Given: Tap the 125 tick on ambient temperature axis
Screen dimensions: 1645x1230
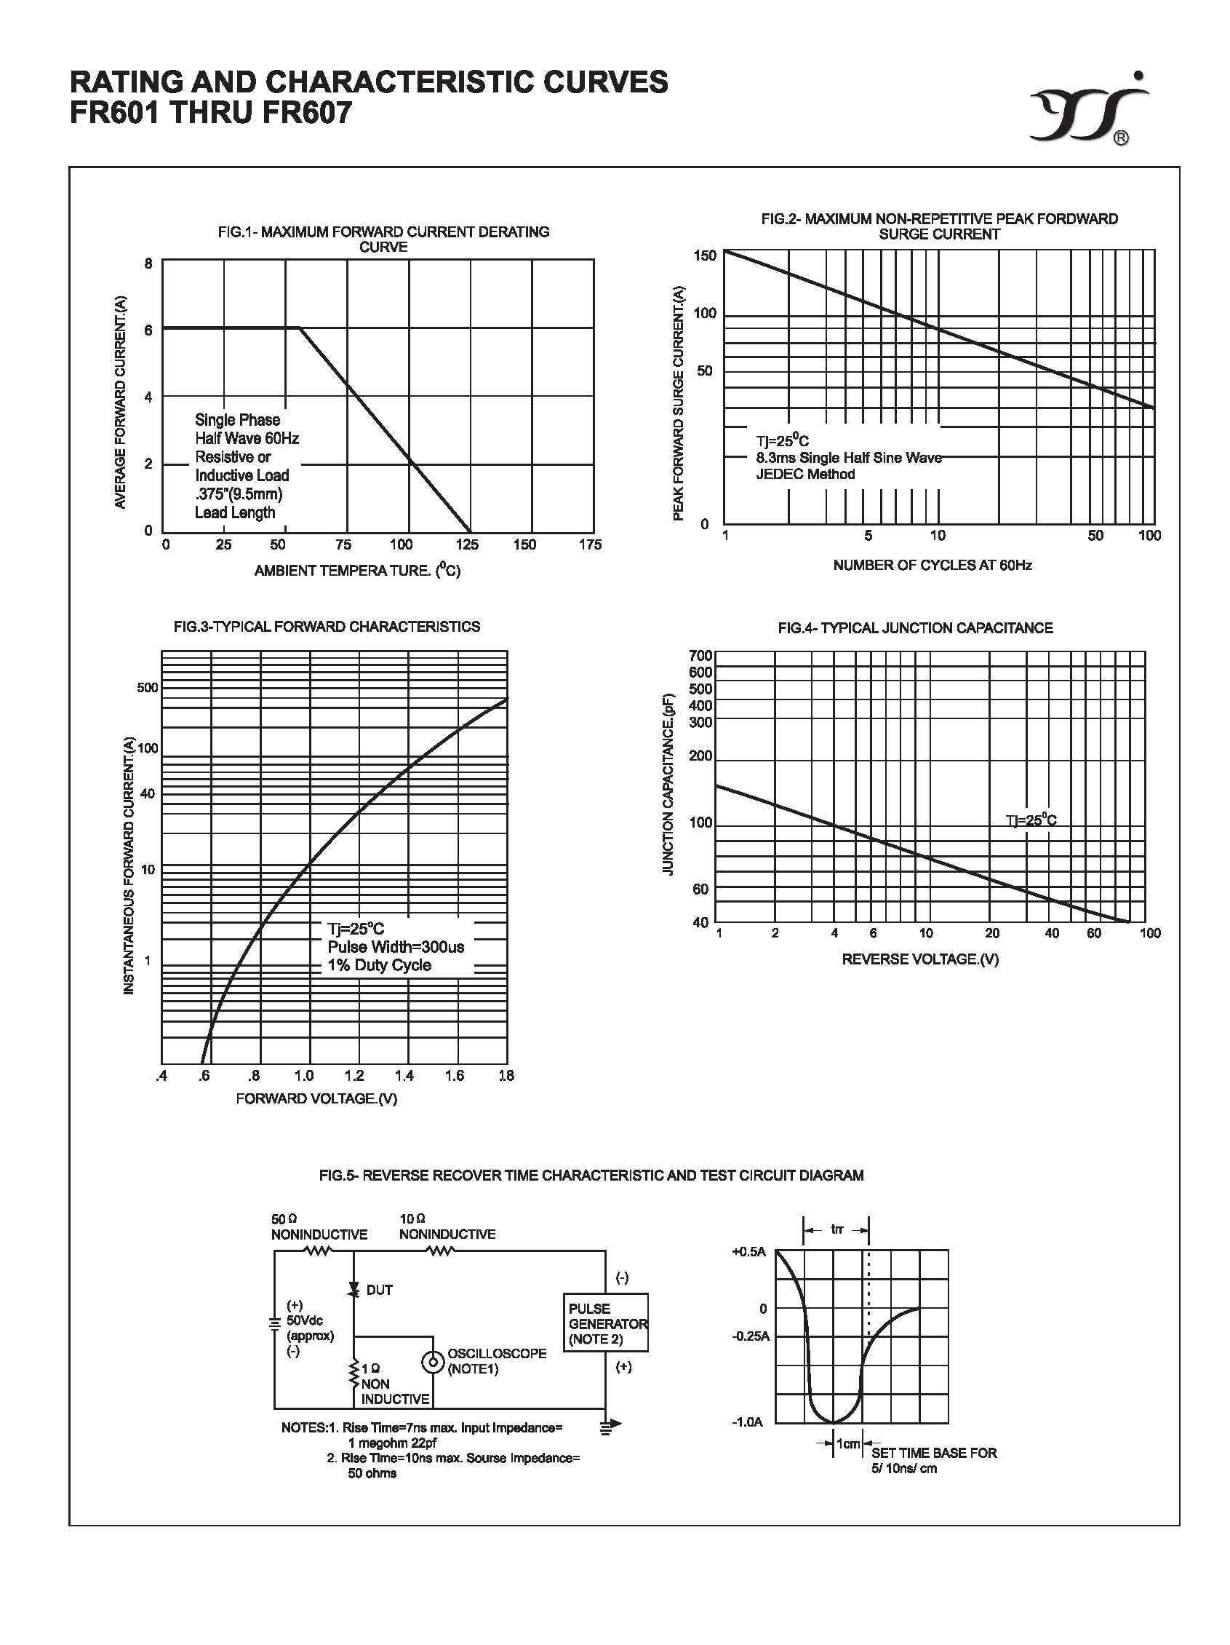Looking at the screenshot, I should click(467, 544).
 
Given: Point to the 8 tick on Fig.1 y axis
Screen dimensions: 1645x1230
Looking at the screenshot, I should click(148, 263).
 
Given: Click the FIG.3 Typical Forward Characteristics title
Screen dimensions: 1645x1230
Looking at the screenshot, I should click(327, 627).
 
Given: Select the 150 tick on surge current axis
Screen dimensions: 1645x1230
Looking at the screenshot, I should click(705, 255).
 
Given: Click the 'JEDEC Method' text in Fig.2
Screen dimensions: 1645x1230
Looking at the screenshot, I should click(805, 474).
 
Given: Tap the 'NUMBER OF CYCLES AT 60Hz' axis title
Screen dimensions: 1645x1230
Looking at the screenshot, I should click(932, 565).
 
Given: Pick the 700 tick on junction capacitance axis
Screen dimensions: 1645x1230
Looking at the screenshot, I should click(701, 655).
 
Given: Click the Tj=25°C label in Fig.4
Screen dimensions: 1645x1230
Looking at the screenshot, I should click(1031, 820).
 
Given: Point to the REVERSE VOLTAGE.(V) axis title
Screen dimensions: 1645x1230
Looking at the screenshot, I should click(919, 959).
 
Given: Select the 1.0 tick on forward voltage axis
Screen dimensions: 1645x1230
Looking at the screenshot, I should click(304, 1075).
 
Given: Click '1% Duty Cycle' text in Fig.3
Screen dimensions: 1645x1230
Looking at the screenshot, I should click(379, 965).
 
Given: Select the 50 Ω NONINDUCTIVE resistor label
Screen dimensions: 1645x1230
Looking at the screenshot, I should click(319, 1226).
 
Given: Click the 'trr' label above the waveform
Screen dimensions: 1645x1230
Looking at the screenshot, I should click(836, 1229).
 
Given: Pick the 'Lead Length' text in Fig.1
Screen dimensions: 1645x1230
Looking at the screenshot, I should click(235, 512).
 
